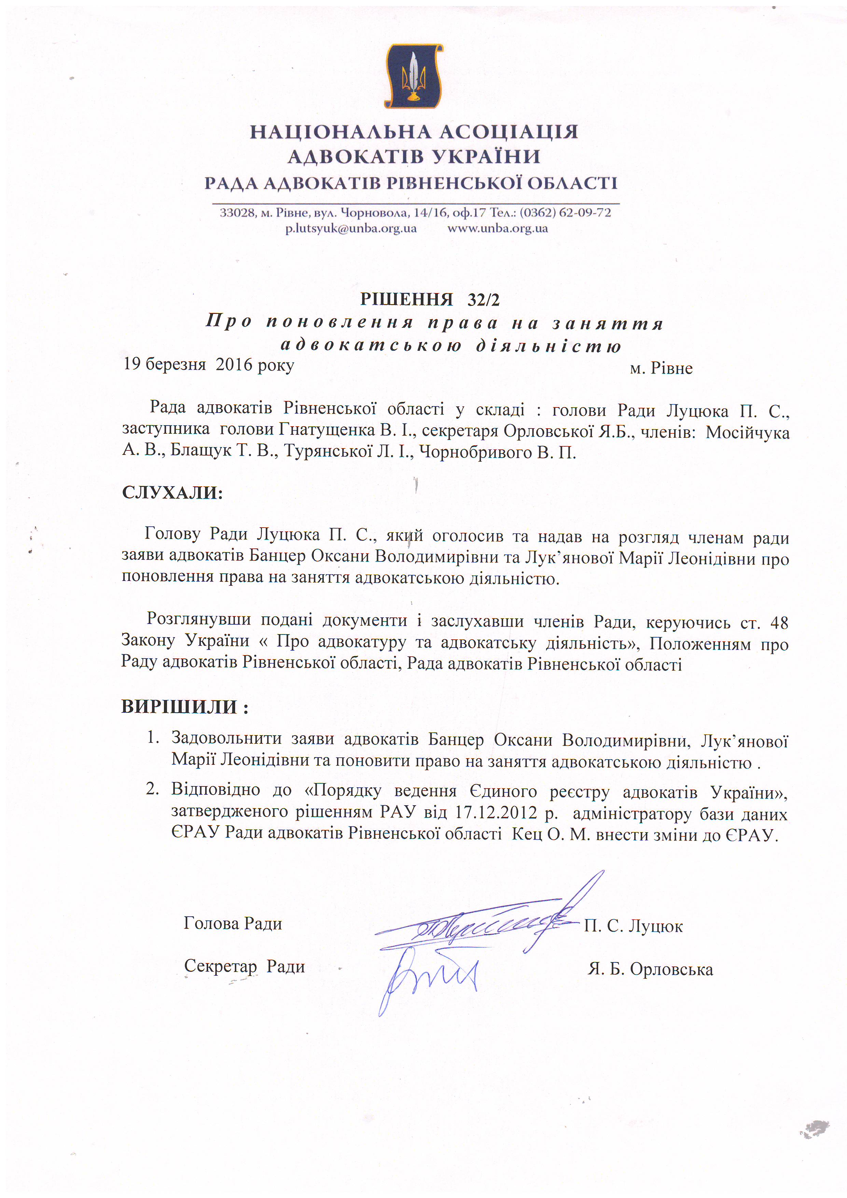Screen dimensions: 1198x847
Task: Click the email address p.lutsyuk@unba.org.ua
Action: (x=351, y=228)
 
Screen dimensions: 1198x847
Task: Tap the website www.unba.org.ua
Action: (x=497, y=228)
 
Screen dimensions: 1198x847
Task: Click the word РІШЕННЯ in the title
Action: (x=406, y=299)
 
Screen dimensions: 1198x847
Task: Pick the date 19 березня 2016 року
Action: (x=209, y=365)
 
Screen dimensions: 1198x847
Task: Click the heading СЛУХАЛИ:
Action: (x=172, y=492)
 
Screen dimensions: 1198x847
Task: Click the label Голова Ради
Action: (x=233, y=923)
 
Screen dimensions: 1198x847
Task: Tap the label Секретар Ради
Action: (x=244, y=966)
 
